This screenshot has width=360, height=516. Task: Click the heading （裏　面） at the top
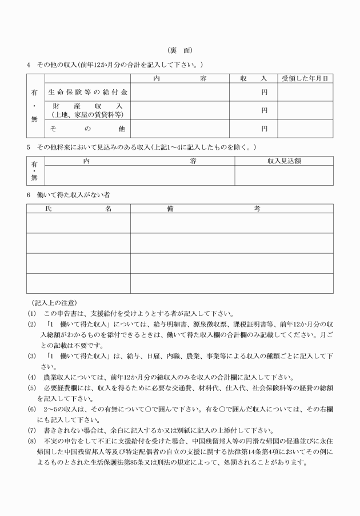[180, 51]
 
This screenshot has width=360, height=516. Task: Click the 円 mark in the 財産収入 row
[265, 110]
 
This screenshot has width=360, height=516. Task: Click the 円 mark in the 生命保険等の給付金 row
[265, 91]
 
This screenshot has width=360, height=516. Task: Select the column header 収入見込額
[284, 161]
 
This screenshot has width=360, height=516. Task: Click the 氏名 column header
[78, 209]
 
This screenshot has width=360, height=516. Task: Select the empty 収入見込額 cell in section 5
[284, 175]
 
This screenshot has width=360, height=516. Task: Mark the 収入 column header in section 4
[254, 78]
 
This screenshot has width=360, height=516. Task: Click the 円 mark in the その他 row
[265, 129]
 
